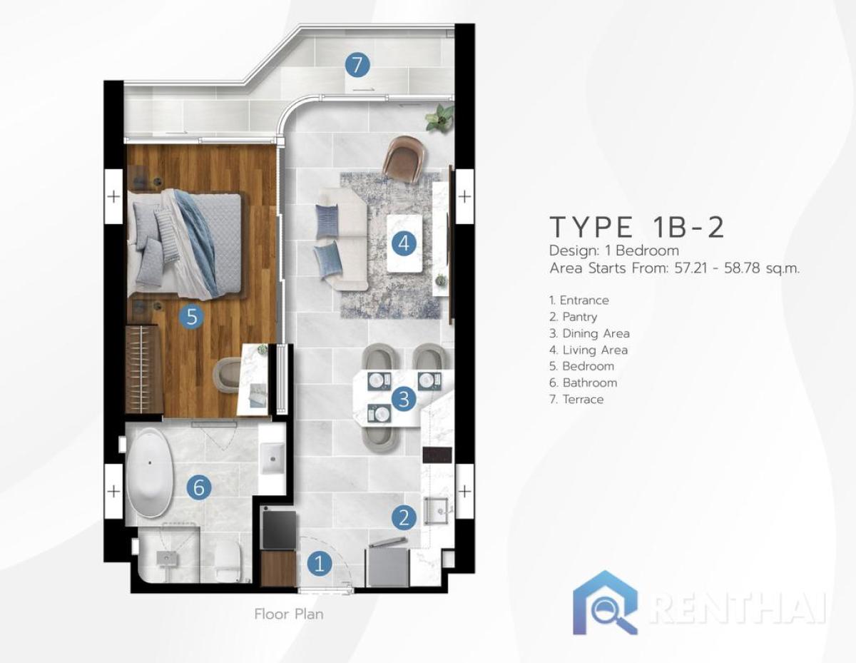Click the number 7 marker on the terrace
coord(357,65)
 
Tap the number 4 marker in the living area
coord(403,244)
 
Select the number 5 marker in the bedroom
coord(191,316)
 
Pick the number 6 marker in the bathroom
coord(199,488)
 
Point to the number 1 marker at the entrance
coord(319,564)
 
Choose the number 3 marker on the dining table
coord(404,399)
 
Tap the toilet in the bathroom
coord(228,560)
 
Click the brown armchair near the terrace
coord(403,158)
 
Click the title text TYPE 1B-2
coord(637,226)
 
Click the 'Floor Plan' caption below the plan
coord(289,614)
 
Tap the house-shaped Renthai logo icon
coord(605,603)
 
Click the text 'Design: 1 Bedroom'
coord(613,250)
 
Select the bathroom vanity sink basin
coord(272,458)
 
